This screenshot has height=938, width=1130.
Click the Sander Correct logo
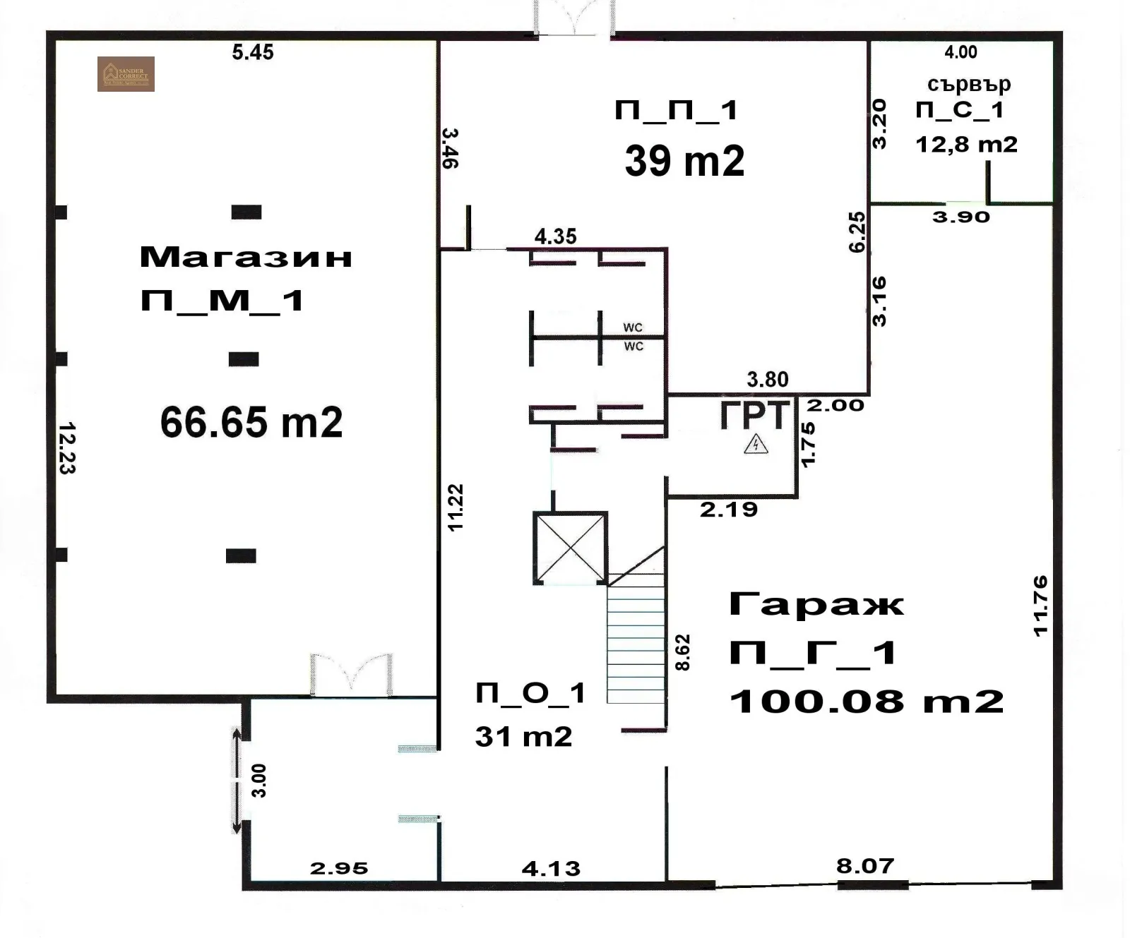point(126,74)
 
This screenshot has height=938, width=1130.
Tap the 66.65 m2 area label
point(251,423)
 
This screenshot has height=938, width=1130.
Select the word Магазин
point(246,257)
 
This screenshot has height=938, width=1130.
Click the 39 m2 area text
point(684,161)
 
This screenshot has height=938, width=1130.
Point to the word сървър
point(968,84)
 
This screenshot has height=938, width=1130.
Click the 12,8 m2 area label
point(966,144)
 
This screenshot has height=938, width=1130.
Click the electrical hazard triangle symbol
point(756,445)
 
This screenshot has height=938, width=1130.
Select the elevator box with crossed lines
point(570,548)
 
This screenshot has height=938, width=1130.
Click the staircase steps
point(636,639)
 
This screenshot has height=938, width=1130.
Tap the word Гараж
point(816,605)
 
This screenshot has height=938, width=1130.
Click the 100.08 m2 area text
point(867,701)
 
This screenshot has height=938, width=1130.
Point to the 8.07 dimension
point(865,865)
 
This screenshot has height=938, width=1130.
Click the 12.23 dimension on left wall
point(67,447)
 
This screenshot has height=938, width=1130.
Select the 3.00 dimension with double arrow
point(258,780)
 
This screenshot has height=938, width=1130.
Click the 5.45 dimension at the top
point(253,52)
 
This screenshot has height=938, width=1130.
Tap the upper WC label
point(633,327)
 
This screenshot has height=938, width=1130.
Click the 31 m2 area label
point(523,737)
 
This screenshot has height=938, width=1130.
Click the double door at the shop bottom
point(351,674)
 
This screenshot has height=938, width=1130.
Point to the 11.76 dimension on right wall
point(1040,606)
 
